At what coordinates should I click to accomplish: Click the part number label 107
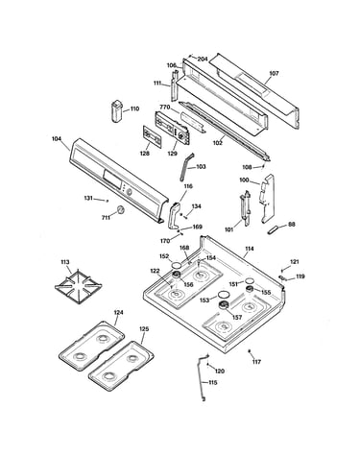[274, 73]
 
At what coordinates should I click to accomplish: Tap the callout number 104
[57, 139]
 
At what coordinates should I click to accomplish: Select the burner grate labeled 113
[78, 286]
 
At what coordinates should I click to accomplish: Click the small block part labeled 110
[116, 110]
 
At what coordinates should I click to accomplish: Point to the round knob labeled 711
[121, 209]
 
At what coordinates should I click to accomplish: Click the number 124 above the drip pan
[118, 313]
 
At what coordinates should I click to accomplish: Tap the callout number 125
[144, 329]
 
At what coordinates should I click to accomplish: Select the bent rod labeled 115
[201, 376]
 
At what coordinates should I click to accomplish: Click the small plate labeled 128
[152, 136]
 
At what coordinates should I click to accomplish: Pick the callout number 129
[172, 154]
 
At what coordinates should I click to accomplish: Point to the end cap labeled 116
[174, 216]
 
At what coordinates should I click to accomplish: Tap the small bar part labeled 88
[274, 230]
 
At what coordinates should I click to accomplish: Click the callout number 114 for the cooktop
[249, 249]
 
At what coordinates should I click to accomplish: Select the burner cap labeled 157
[224, 305]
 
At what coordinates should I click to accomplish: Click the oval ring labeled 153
[224, 295]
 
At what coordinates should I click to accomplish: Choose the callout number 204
[203, 60]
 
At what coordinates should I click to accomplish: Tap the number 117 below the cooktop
[256, 362]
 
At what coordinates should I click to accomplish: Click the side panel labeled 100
[267, 199]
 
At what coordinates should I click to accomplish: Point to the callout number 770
[165, 108]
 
